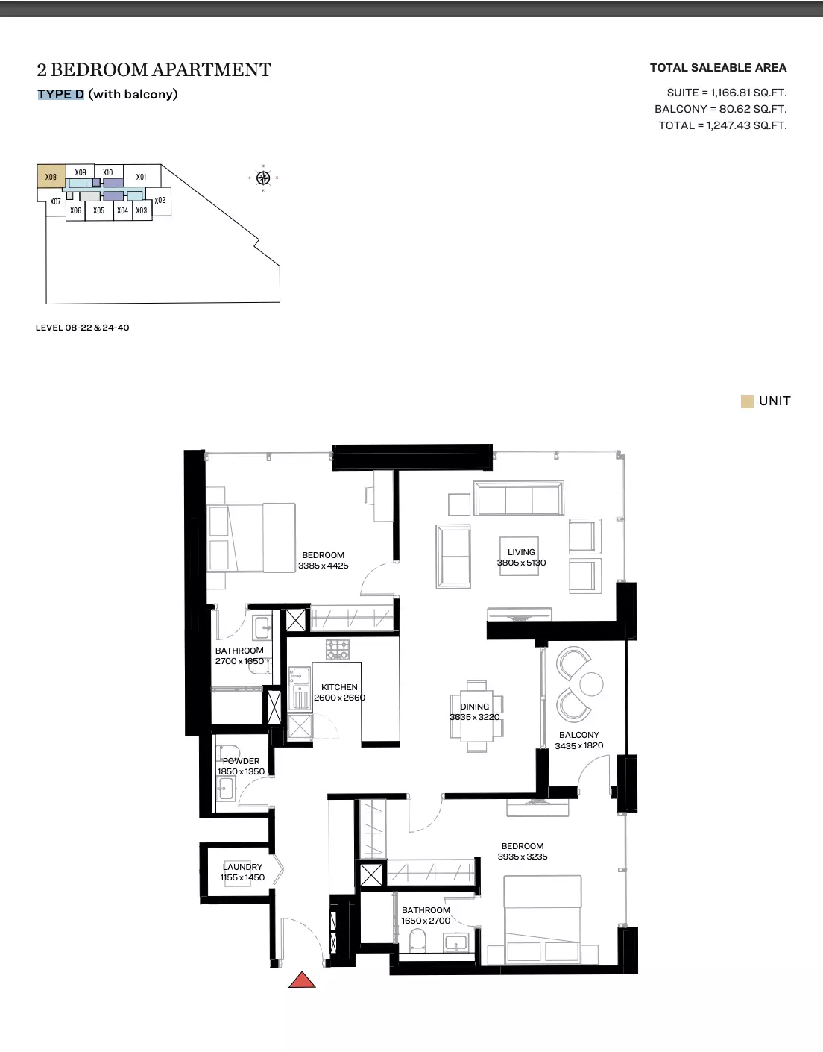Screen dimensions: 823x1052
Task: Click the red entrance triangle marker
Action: (302, 980)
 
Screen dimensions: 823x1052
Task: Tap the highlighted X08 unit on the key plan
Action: (51, 176)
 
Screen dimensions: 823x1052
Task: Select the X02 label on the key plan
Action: (160, 201)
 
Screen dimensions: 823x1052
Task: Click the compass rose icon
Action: (263, 178)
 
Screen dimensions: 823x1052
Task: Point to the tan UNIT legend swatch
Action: (747, 401)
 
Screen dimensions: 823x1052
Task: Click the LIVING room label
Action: (521, 552)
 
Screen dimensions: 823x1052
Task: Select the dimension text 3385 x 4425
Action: (323, 566)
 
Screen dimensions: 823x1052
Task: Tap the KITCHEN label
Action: (339, 687)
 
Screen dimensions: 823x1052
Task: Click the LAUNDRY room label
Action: (242, 866)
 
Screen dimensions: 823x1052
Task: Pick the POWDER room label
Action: (241, 760)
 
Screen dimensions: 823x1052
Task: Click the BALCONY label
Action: (578, 735)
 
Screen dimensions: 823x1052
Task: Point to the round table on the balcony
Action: (591, 684)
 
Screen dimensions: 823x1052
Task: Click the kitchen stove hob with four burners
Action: (337, 649)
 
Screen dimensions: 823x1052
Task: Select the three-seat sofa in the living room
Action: (518, 498)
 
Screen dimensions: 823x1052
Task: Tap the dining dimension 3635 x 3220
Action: (474, 717)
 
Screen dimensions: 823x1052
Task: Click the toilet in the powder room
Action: (227, 754)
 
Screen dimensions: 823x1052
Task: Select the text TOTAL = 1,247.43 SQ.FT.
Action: (722, 125)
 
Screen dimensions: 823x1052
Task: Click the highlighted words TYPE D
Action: (61, 94)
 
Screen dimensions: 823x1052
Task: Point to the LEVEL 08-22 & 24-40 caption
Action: (82, 328)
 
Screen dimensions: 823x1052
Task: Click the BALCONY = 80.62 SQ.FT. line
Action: (720, 109)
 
